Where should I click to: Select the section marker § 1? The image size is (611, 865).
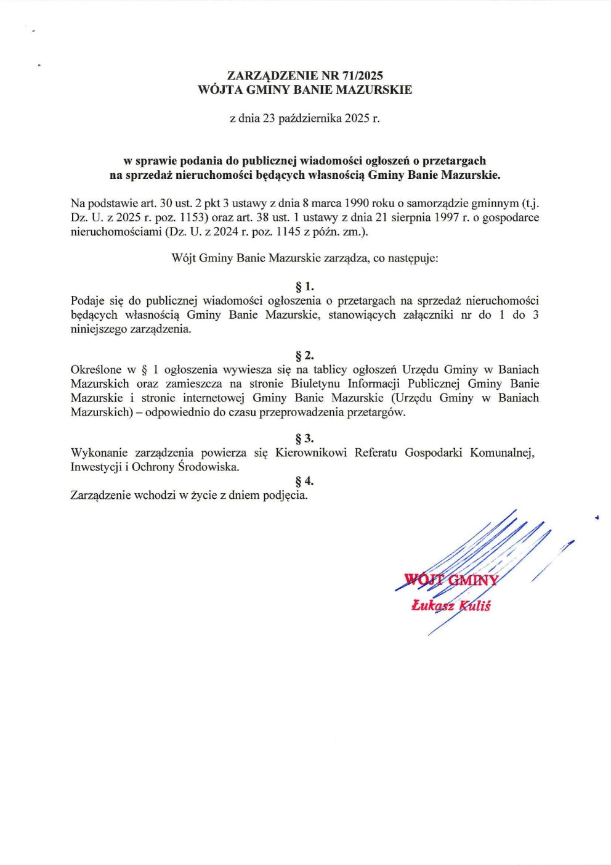click(x=305, y=287)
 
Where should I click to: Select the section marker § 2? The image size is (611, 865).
click(x=305, y=356)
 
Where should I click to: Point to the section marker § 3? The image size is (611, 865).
click(x=305, y=438)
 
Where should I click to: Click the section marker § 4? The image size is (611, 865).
click(x=305, y=481)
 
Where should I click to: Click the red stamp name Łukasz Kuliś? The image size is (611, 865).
click(x=451, y=606)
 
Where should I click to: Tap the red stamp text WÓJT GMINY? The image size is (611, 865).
click(x=451, y=580)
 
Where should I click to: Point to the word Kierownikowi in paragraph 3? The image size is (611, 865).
click(x=310, y=453)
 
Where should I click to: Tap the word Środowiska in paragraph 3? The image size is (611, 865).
click(x=208, y=467)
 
